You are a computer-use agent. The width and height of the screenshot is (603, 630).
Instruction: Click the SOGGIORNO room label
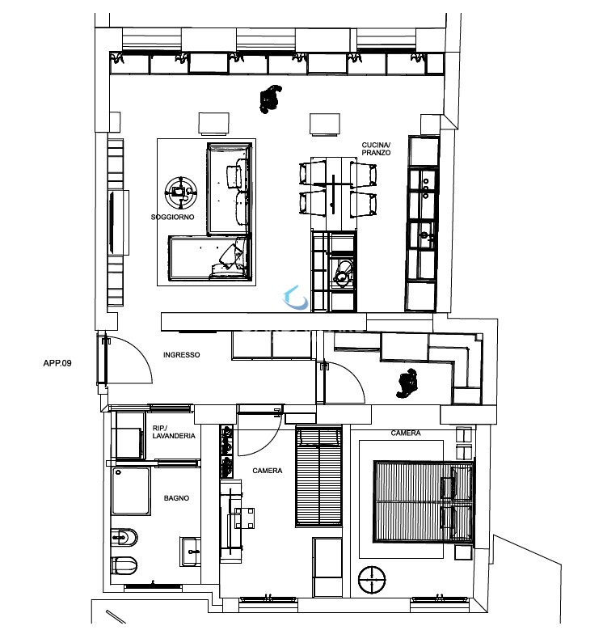click(x=172, y=217)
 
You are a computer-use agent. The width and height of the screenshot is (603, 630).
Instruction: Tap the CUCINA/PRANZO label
click(x=376, y=149)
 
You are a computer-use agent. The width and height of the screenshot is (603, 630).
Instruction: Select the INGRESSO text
click(x=181, y=355)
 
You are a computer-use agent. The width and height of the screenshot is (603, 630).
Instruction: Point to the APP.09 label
click(x=57, y=363)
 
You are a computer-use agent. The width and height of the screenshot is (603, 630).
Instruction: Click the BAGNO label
click(x=176, y=498)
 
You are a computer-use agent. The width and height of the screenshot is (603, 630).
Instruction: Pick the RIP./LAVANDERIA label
click(x=174, y=432)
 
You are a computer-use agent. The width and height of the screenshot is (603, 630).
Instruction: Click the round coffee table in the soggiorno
click(x=181, y=192)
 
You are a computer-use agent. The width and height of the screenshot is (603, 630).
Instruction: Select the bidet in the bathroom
click(x=124, y=537)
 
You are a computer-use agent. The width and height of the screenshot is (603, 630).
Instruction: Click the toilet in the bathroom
click(x=124, y=566)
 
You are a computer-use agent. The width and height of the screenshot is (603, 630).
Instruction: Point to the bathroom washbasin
click(x=190, y=552)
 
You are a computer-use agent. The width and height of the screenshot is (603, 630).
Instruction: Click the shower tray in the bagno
click(x=131, y=491)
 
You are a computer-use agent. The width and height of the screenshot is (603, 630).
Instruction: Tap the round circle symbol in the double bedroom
click(x=372, y=580)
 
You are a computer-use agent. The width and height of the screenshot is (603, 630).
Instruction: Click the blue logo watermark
click(x=296, y=298)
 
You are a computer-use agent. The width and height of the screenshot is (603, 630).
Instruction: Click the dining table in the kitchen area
click(x=334, y=188)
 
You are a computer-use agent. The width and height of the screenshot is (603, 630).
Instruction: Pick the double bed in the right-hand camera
click(x=424, y=501)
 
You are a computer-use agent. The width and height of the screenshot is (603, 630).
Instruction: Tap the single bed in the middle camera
click(x=318, y=476)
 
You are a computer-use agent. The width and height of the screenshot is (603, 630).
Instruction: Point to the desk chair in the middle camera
click(x=244, y=518)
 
